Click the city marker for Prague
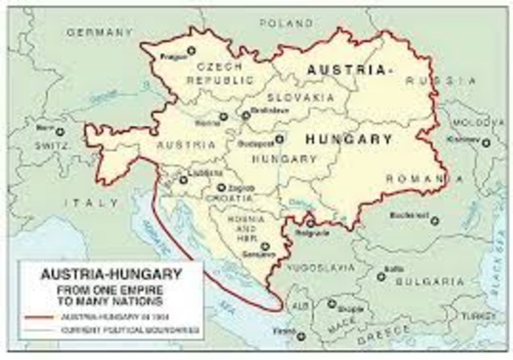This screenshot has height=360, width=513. pyautogui.click(x=191, y=51)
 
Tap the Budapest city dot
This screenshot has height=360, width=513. pyautogui.click(x=279, y=139)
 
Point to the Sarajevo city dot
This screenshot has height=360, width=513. pyautogui.click(x=264, y=248)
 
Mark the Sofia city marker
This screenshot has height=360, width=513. pyautogui.click(x=382, y=277)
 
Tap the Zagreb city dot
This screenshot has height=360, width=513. pyautogui.click(x=221, y=188)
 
